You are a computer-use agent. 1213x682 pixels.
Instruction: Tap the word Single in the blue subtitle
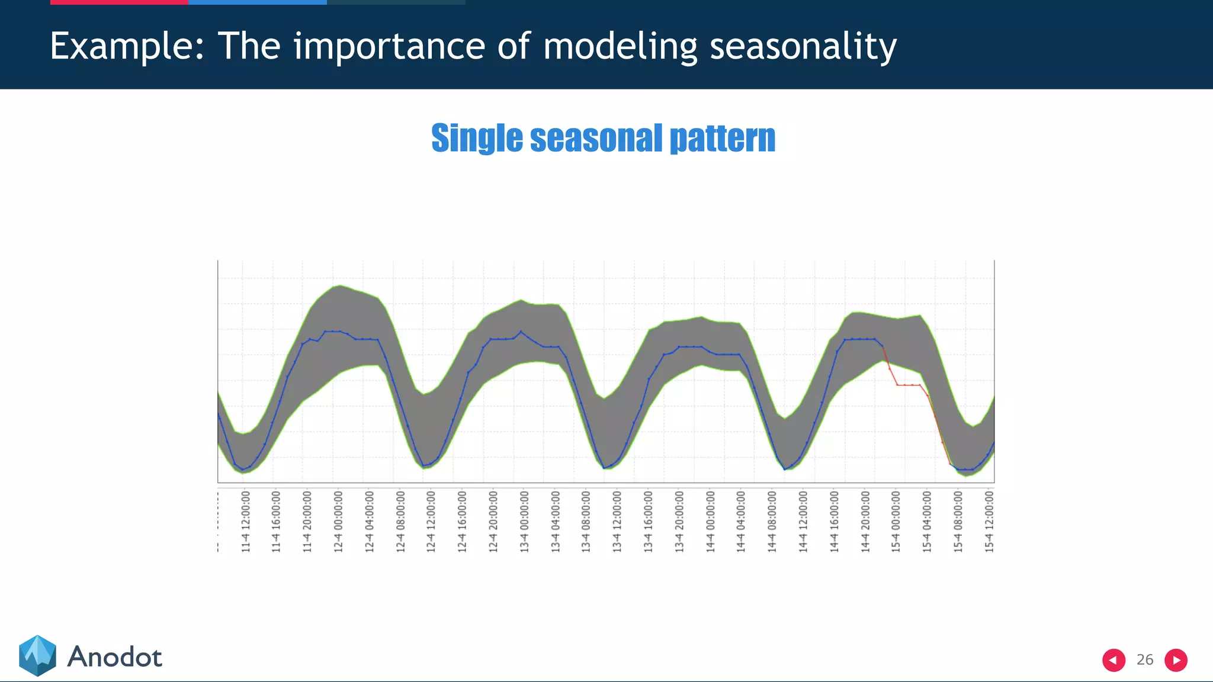(477, 138)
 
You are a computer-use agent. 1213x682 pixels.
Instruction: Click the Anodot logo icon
(37, 655)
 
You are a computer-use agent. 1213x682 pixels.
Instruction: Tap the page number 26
(1145, 660)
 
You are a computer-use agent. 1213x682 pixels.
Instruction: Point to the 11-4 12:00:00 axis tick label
(246, 521)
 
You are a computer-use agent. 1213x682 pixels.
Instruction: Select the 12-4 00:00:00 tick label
(338, 521)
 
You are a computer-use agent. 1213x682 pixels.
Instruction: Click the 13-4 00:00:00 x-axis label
(524, 521)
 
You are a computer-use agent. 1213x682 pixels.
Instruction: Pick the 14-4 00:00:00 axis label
(710, 521)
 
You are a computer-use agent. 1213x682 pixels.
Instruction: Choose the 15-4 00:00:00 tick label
(896, 521)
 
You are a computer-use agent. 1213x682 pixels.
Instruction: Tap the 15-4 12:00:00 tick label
(989, 521)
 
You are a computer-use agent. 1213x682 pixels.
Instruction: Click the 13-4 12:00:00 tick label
(617, 521)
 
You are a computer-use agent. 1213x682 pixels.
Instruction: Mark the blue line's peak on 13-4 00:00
(521, 332)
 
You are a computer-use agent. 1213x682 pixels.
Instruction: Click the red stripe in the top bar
(118, 2)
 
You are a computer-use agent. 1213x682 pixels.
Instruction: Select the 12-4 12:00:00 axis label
(431, 521)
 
